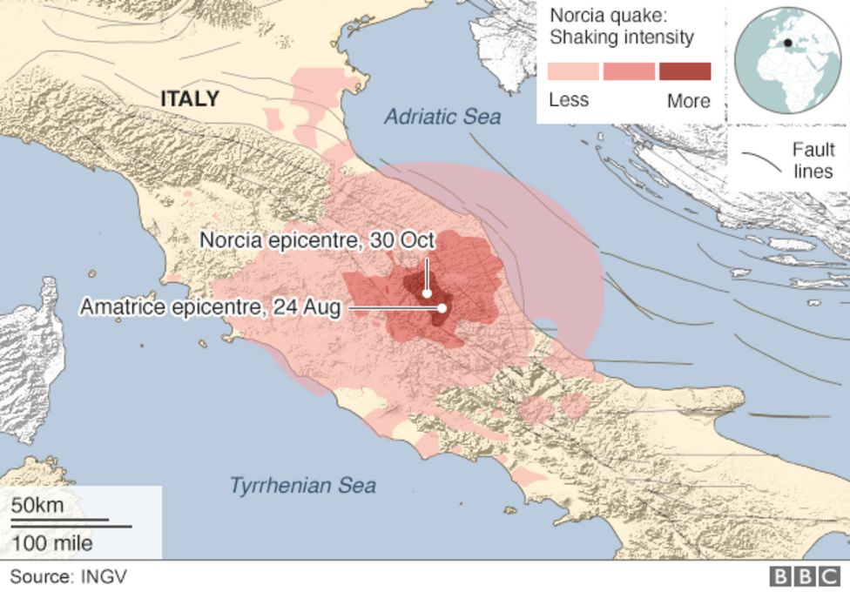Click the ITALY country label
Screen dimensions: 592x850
coord(189,99)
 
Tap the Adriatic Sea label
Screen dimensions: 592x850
coord(443,117)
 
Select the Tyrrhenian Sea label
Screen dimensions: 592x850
coord(302,485)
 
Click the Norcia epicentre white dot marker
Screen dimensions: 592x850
coord(427,293)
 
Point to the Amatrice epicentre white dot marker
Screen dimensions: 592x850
coord(442,308)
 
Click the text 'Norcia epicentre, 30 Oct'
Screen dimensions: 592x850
coord(318,239)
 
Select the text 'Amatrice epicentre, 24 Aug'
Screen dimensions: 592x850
coord(210,307)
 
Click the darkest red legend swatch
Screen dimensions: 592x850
coord(685,71)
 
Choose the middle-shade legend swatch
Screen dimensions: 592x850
coord(629,71)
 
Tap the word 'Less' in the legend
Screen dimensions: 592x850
coord(569,100)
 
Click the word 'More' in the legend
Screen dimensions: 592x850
coord(688,100)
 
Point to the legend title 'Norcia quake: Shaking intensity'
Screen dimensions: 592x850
coord(621,27)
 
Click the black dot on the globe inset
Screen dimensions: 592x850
coord(787,43)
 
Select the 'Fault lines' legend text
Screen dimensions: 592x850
coord(813,160)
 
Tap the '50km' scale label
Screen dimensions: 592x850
coord(37,506)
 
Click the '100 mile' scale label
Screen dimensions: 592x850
coord(51,543)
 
